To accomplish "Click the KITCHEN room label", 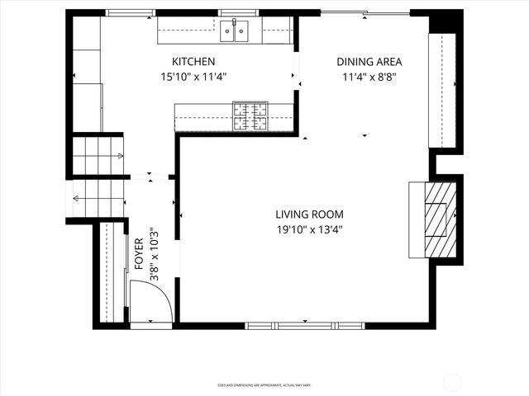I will click(x=193, y=62).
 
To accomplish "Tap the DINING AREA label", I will click(x=369, y=62).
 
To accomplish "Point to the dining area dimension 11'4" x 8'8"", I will click(x=369, y=78).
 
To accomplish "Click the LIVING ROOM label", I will click(x=309, y=214).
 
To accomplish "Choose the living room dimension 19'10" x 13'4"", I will click(x=309, y=230).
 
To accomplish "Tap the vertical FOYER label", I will click(x=139, y=255).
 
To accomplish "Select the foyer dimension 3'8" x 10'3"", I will click(x=154, y=255).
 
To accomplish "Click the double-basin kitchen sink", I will click(x=236, y=32).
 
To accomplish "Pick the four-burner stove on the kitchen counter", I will click(x=250, y=116).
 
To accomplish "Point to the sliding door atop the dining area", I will click(x=364, y=13).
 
